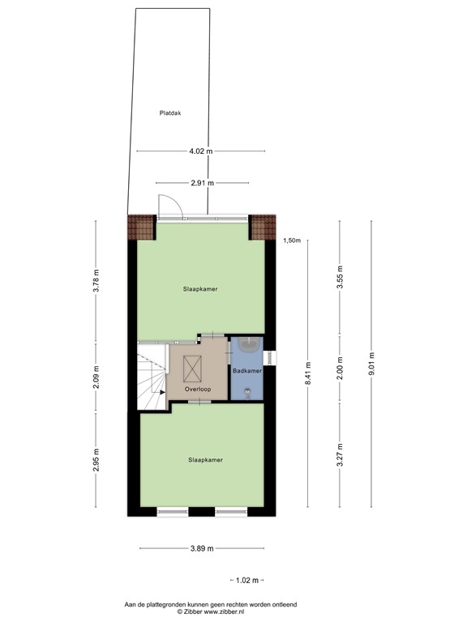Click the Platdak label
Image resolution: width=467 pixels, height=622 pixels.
169,113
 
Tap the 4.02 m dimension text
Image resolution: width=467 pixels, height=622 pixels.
200,151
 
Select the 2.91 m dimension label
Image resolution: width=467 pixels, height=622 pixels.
203,183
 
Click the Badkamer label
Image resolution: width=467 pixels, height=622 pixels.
247,370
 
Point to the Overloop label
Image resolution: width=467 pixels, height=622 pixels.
198,389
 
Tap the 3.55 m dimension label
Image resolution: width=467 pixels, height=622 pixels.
341,278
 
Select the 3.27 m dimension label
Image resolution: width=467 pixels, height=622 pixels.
341,454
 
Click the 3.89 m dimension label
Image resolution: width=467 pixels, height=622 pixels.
202,548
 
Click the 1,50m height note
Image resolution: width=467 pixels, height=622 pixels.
292,241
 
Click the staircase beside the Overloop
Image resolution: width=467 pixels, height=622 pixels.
151,377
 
